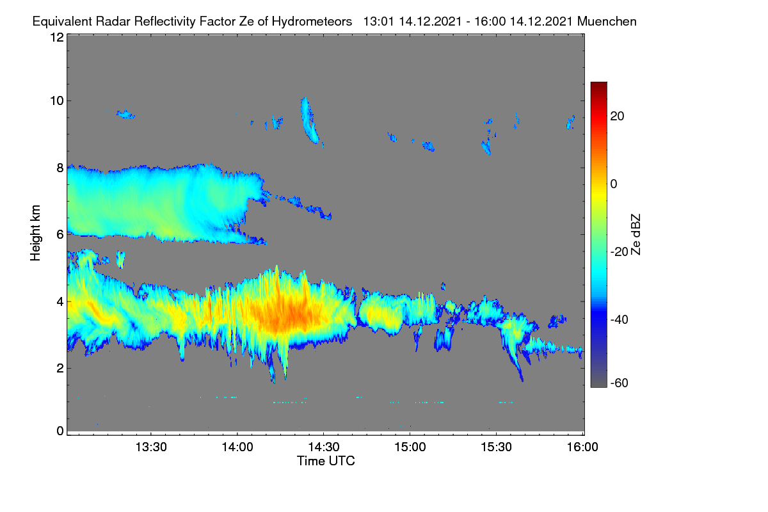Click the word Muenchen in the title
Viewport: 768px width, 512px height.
click(x=607, y=22)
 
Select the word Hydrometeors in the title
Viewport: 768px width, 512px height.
click(x=312, y=22)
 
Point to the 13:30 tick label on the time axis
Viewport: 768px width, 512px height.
click(x=151, y=447)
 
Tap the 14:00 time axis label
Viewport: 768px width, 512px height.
click(x=237, y=447)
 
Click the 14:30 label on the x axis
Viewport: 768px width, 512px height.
click(x=324, y=447)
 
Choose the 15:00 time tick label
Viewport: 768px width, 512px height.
click(x=410, y=447)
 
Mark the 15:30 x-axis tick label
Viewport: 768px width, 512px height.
click(x=496, y=447)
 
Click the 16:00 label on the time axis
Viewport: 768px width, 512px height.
click(x=582, y=447)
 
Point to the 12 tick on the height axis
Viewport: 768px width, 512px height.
click(x=57, y=37)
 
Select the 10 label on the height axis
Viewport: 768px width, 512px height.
click(x=57, y=101)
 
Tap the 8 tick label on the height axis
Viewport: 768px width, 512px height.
click(x=60, y=168)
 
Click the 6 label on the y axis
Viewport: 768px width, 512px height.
click(x=60, y=235)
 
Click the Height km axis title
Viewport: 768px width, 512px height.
click(x=35, y=233)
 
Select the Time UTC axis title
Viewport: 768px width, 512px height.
click(x=326, y=461)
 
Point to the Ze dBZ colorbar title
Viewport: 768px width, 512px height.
click(x=636, y=235)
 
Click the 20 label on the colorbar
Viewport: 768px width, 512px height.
click(x=617, y=116)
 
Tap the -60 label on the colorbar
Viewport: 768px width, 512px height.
click(x=620, y=383)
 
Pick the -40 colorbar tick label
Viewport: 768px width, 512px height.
click(x=620, y=320)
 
